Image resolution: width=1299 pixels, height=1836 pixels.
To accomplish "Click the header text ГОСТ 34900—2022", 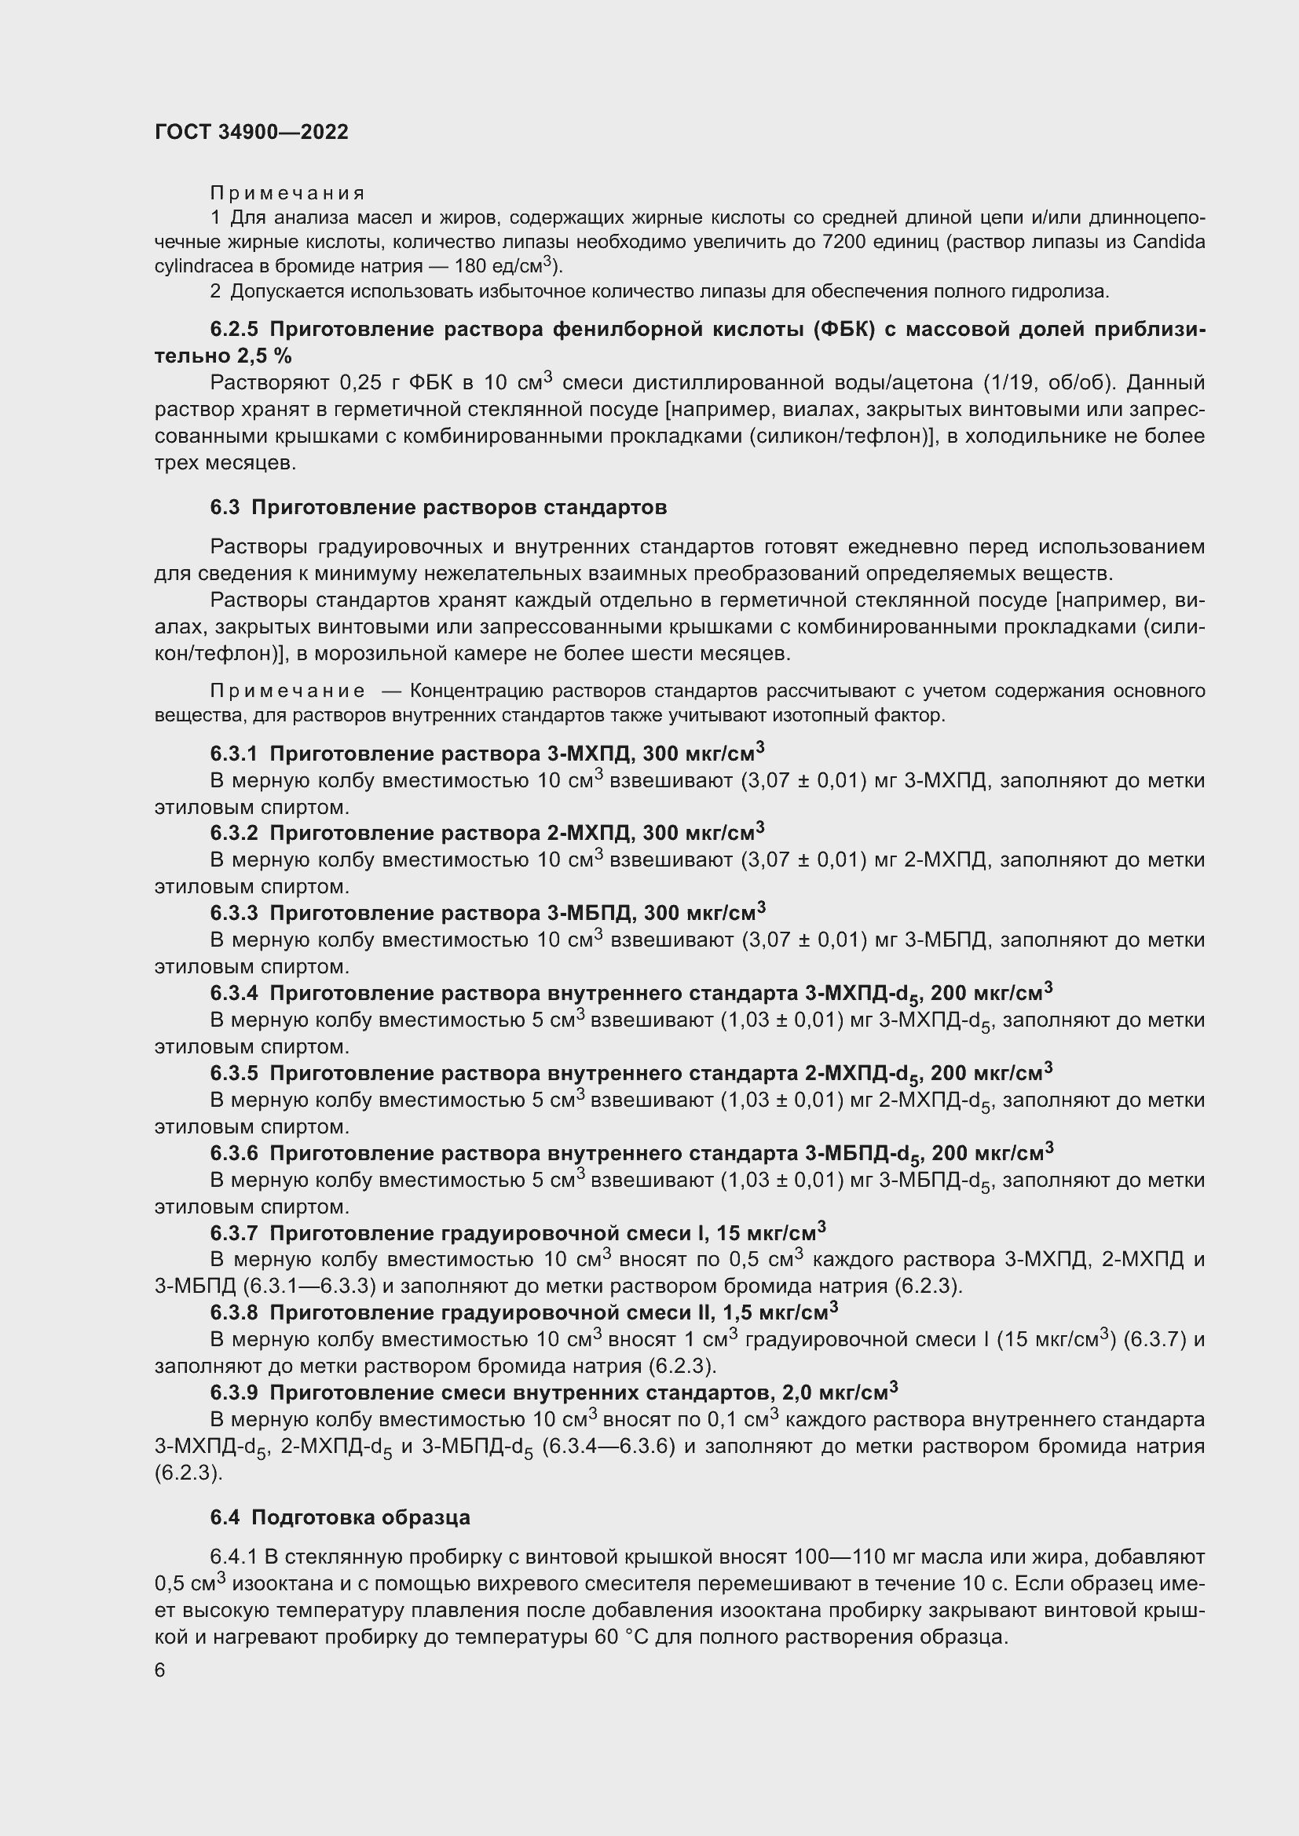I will click(251, 133).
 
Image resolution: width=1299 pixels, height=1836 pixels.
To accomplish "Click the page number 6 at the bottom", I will click(160, 1670).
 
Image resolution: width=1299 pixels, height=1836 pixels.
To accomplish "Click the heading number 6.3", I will click(225, 508).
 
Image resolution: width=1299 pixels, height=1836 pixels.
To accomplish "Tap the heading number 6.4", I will click(225, 1518).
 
